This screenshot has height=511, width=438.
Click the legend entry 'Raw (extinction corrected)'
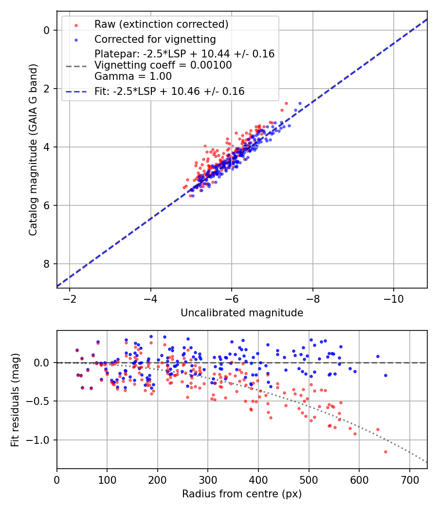click(x=161, y=24)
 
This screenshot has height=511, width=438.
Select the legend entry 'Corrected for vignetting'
click(x=155, y=39)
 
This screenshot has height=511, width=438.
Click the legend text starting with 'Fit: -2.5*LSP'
click(x=169, y=91)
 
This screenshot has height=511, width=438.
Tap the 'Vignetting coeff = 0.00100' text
click(x=163, y=65)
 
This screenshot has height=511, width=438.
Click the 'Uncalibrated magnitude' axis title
click(x=242, y=313)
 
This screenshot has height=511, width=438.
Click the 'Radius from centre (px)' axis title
click(x=242, y=494)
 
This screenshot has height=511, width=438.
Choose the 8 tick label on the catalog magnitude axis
click(x=47, y=264)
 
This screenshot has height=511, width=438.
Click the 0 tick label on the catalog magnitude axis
click(x=47, y=30)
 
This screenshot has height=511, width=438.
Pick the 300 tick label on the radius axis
click(x=208, y=479)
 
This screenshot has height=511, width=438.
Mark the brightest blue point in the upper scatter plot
click(x=300, y=103)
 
